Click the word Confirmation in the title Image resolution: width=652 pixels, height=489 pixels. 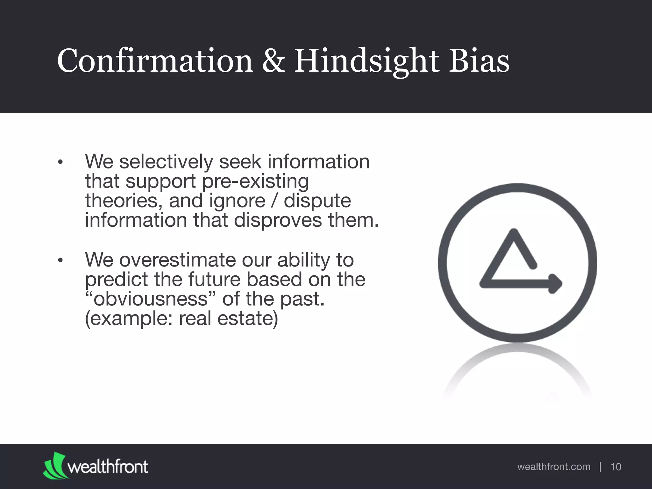click(x=155, y=60)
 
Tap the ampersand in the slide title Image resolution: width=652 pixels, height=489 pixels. click(x=273, y=60)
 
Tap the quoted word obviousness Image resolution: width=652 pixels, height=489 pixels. click(x=150, y=299)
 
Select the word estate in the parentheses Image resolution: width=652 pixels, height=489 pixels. click(x=247, y=319)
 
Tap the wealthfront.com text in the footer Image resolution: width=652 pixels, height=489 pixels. click(x=554, y=467)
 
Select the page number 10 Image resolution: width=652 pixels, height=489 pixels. click(x=616, y=467)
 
